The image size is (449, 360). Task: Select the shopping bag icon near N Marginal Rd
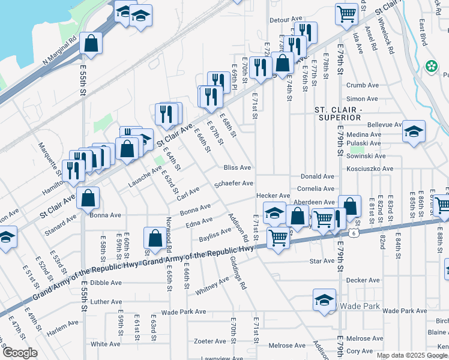(x=91, y=43)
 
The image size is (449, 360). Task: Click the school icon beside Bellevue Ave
(x=414, y=131)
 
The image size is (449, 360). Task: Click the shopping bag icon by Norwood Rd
(x=155, y=238)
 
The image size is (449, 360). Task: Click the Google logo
(x=19, y=353)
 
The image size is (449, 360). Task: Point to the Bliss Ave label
(x=237, y=168)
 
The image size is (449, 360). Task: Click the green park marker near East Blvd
(x=430, y=65)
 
